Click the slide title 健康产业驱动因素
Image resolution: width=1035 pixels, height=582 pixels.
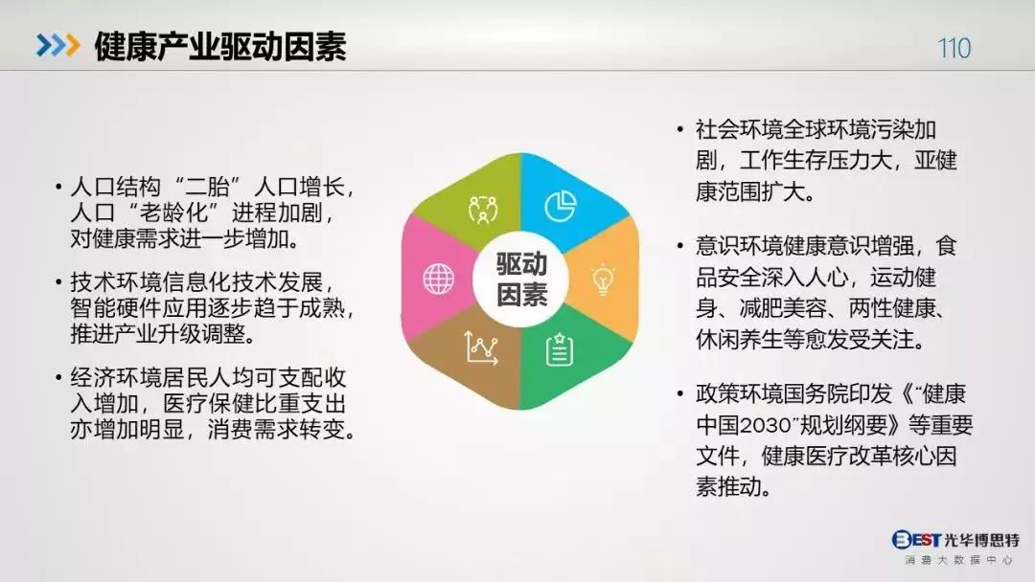pos(219,46)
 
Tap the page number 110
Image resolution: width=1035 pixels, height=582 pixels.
pos(954,48)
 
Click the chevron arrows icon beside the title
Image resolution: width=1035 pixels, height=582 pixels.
pos(58,45)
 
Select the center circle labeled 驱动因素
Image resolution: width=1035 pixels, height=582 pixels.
pos(520,280)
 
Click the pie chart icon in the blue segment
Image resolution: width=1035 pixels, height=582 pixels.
pos(561,207)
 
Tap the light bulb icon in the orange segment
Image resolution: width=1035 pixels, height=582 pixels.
pos(603,280)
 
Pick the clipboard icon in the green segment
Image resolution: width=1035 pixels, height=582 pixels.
pos(559,349)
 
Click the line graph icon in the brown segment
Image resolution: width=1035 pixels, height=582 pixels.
pos(481,348)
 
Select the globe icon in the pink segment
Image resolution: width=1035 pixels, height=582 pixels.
pos(438,279)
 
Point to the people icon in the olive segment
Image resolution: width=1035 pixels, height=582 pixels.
pos(482,210)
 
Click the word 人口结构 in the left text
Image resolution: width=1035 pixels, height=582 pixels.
pos(116,187)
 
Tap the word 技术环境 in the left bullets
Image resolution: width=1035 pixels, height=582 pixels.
pos(116,282)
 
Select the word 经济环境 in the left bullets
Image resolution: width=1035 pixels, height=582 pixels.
pos(116,378)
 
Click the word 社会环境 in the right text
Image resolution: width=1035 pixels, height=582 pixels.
pos(739,129)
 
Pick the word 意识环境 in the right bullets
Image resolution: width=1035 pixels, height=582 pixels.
pos(739,246)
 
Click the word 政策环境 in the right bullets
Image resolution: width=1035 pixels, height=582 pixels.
pos(739,393)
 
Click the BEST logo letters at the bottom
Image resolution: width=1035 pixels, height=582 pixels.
pos(917,540)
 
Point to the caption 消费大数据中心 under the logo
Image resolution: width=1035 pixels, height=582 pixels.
pos(958,560)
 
